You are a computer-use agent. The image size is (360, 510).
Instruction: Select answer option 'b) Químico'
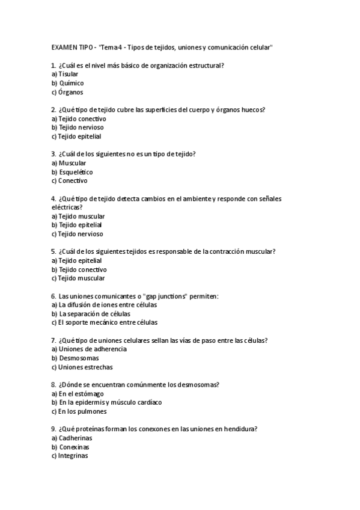[67, 83]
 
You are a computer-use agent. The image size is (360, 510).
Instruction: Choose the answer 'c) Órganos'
[67, 93]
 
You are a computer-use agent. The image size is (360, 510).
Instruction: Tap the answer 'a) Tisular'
[65, 73]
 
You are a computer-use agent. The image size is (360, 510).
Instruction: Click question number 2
[54, 109]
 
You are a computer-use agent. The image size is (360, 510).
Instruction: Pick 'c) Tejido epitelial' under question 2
[76, 137]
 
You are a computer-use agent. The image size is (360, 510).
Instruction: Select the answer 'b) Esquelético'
[72, 171]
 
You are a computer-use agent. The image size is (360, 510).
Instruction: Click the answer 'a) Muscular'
[69, 162]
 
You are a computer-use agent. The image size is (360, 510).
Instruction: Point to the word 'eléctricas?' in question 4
[67, 206]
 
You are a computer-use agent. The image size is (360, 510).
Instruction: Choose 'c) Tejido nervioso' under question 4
[77, 234]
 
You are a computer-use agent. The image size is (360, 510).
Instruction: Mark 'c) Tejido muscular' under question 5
[78, 278]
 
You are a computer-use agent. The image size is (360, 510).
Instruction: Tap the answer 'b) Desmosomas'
[75, 358]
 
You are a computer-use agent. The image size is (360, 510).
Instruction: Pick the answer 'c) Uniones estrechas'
[82, 367]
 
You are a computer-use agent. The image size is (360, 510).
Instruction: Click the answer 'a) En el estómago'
[78, 393]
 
